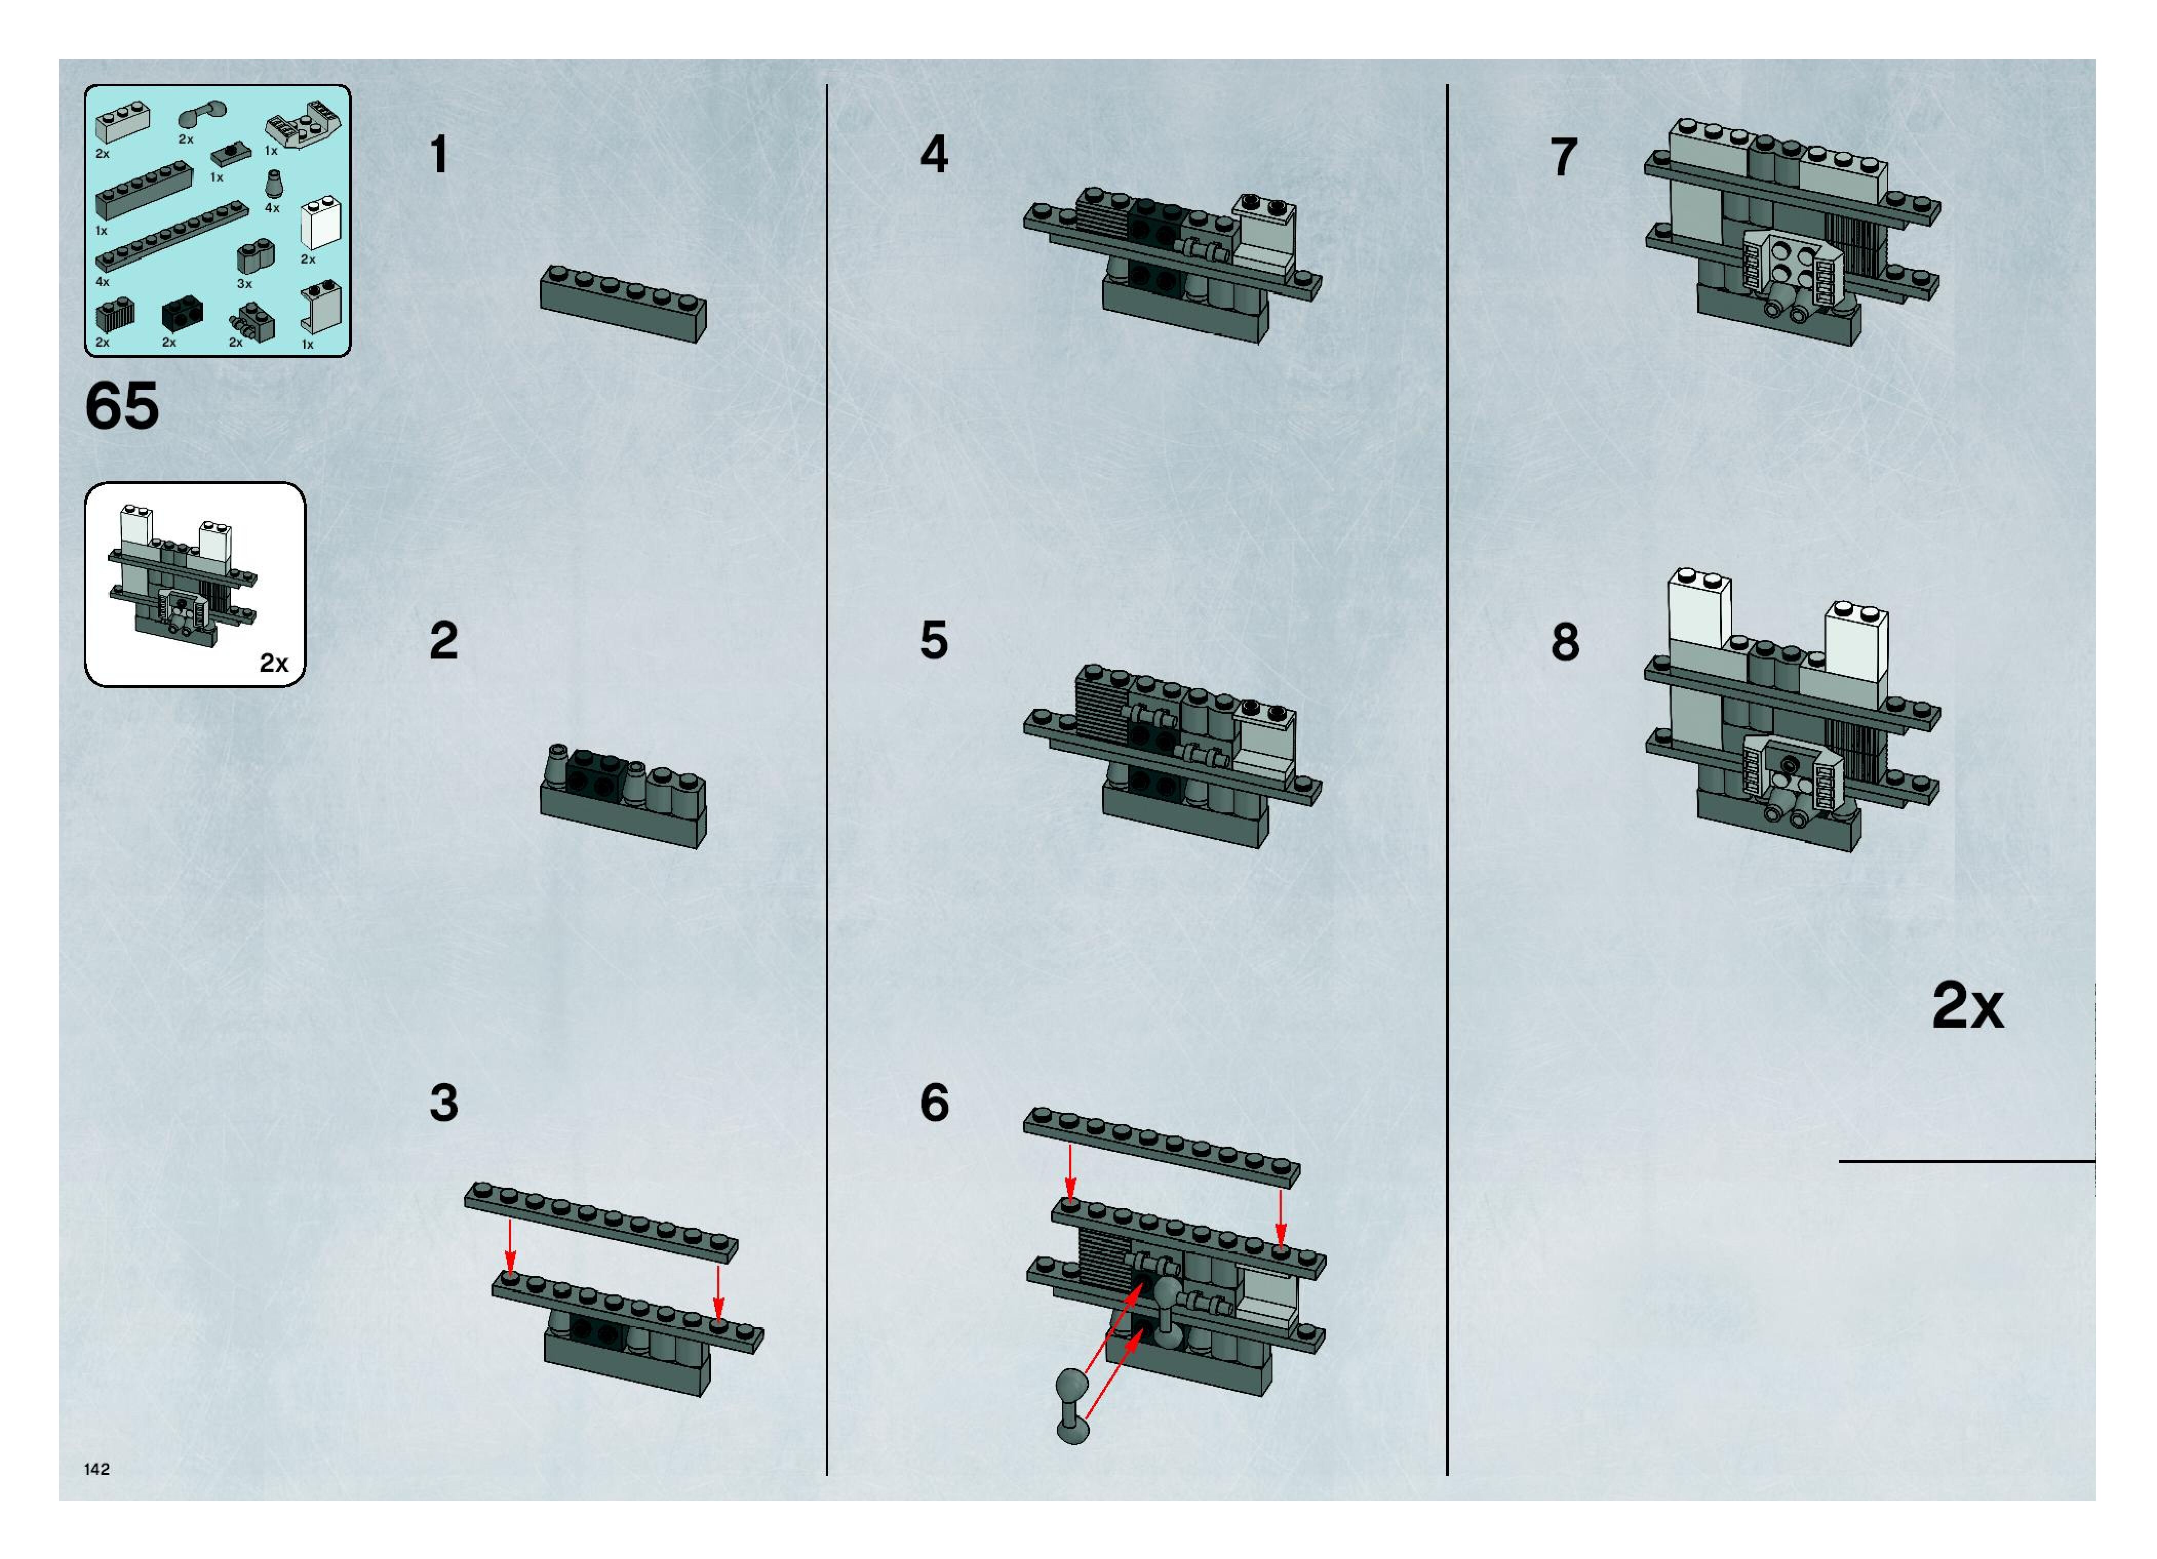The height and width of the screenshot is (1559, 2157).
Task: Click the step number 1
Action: click(x=439, y=155)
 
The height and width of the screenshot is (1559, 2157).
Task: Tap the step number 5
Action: click(x=934, y=640)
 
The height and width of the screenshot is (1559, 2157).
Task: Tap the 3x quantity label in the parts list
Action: click(x=244, y=283)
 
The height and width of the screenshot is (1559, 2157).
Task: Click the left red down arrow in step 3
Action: click(x=511, y=1248)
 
